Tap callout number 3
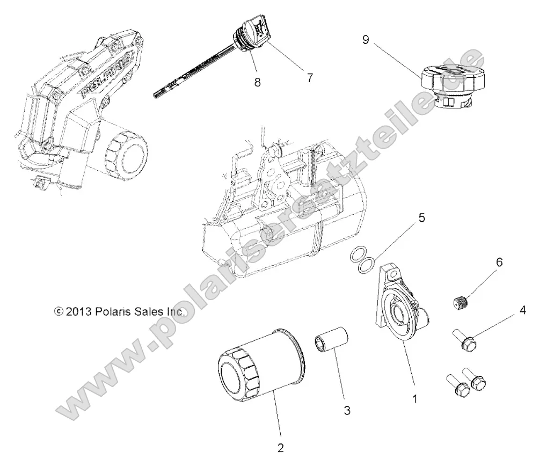[x=347, y=411]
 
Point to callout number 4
[x=507, y=310]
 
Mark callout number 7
[x=310, y=77]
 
